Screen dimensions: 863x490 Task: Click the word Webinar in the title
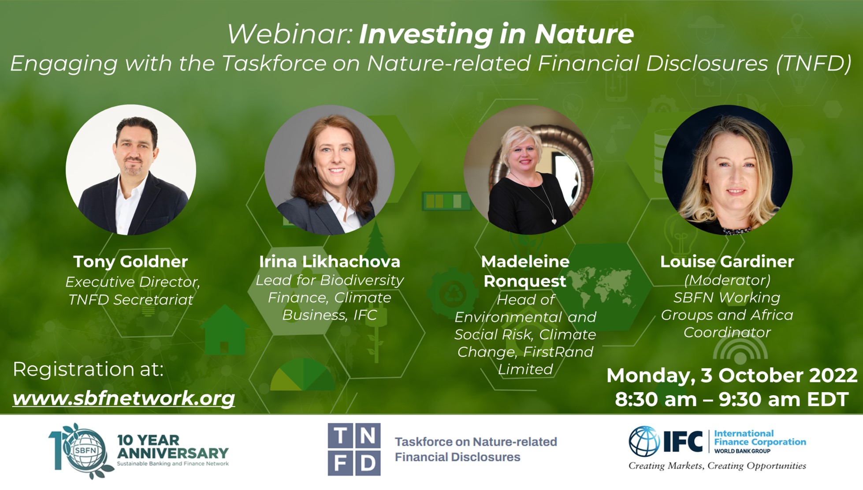289,34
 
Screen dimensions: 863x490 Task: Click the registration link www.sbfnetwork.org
124,398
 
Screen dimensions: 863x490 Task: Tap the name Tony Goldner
130,262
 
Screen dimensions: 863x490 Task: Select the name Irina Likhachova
330,262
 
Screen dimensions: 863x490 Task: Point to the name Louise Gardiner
727,262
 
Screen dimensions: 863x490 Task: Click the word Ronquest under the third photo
524,281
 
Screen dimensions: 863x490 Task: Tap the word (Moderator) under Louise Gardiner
727,280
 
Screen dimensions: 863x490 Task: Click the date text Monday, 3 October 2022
732,375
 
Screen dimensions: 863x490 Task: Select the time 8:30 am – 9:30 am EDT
732,399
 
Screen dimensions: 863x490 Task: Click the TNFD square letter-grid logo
354,449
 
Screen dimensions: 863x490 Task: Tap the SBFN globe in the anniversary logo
86,451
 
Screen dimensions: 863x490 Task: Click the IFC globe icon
644,441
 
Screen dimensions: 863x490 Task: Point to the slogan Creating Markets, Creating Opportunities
717,466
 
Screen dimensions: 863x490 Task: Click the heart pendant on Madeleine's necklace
554,221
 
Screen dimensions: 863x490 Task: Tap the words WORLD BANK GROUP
742,451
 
